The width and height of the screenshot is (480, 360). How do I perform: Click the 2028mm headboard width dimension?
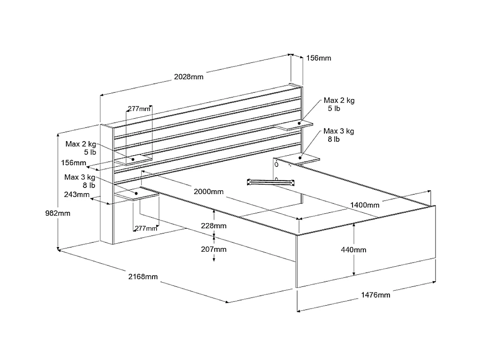tap(188, 77)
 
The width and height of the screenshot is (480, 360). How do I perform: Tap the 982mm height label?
tap(58, 213)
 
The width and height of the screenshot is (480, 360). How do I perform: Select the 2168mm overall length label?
tap(143, 277)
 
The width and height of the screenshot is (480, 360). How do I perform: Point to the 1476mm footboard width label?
tap(375, 295)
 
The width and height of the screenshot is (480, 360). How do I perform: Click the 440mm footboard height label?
tap(353, 250)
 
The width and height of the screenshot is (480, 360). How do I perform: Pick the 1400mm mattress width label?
tap(365, 205)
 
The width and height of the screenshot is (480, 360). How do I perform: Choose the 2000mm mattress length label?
tap(209, 192)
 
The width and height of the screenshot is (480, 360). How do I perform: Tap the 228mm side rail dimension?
tap(214, 226)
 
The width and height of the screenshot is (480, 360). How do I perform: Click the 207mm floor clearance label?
tap(214, 249)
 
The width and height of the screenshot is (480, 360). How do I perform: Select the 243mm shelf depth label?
tap(77, 195)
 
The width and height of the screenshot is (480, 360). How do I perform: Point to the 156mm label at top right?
tap(319, 58)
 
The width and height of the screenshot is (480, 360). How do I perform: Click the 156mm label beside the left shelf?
tap(74, 163)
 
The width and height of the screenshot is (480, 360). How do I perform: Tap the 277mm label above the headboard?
tap(139, 109)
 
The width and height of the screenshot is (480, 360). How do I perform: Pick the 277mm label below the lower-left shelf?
tap(146, 228)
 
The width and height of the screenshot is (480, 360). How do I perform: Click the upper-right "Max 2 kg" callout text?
tap(339, 100)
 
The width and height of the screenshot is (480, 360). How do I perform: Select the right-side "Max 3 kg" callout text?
tap(339, 131)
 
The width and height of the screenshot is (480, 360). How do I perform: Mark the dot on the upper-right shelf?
tap(299, 123)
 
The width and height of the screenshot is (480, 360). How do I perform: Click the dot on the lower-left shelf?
tap(136, 194)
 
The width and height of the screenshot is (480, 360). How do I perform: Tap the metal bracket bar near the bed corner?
tap(270, 182)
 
